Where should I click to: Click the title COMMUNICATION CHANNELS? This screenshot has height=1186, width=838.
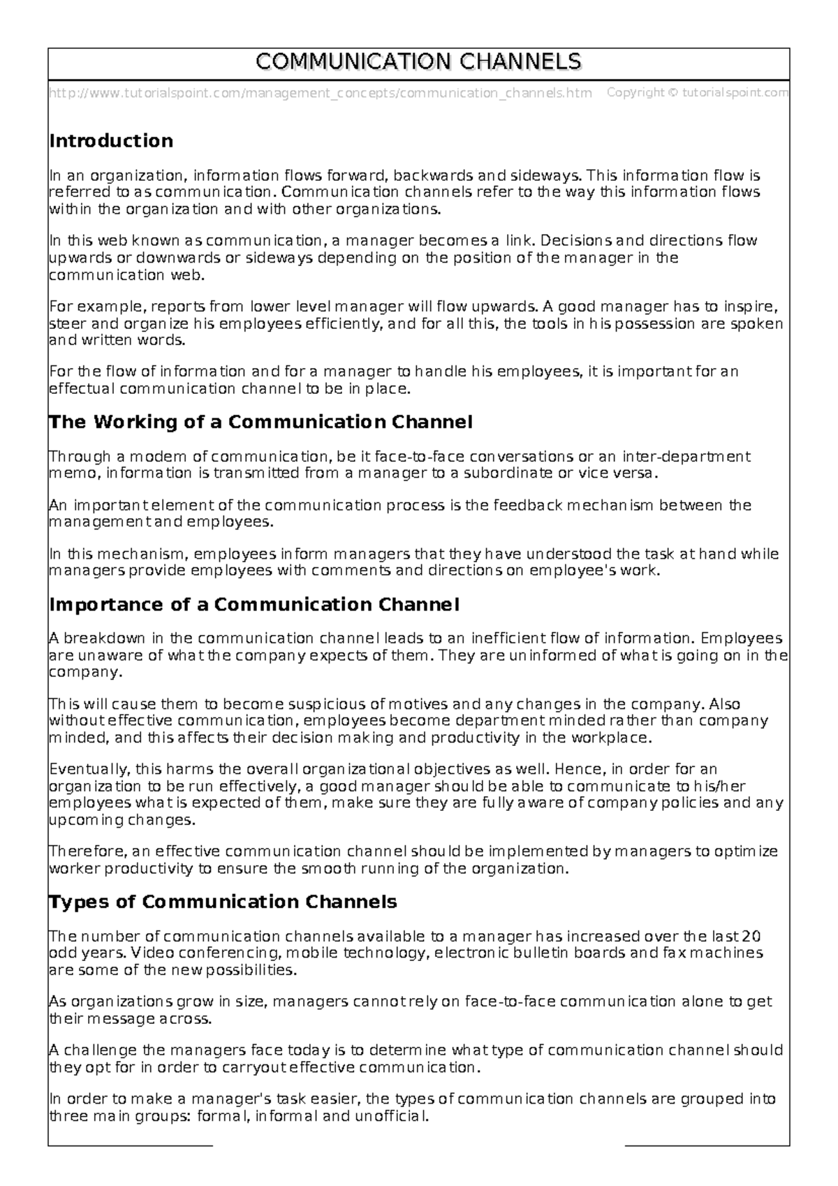coord(418,62)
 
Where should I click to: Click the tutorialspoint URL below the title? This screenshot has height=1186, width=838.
coord(320,93)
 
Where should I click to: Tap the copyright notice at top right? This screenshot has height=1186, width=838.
coord(698,92)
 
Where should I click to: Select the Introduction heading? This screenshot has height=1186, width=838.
coord(111,141)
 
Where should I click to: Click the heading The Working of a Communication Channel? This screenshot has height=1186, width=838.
coord(260,422)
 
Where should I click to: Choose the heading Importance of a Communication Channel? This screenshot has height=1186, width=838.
coord(254,604)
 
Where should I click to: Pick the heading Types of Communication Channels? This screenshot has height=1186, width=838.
coord(223,902)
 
